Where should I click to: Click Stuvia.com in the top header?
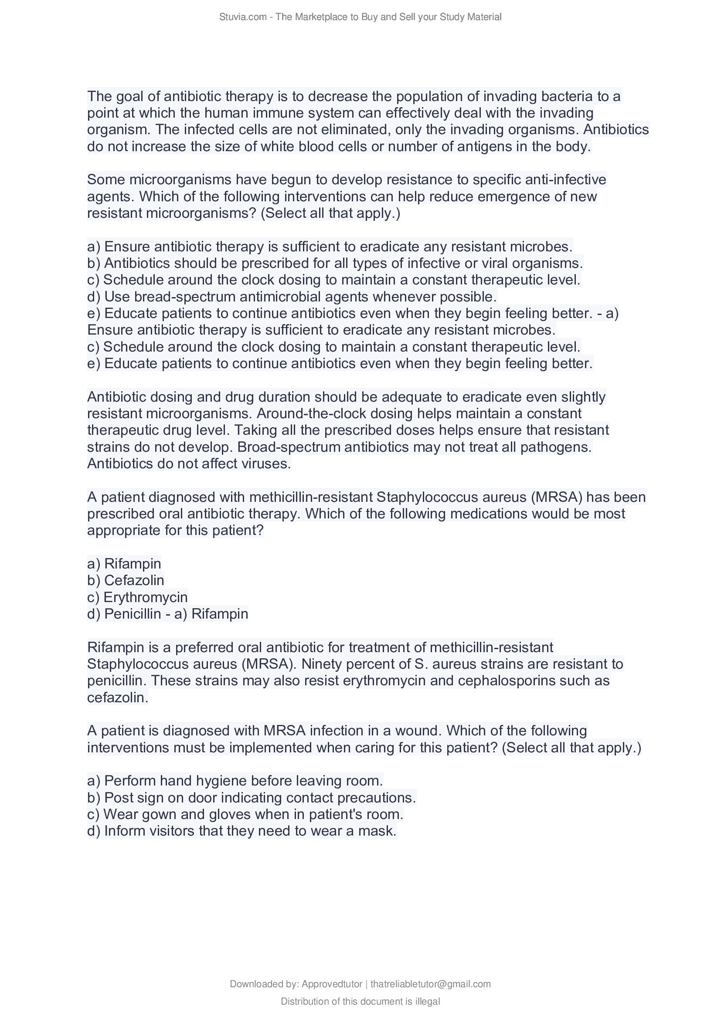[x=242, y=17]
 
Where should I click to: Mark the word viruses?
[x=266, y=464]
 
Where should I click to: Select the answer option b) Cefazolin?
[x=126, y=580]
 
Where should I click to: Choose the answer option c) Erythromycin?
[x=138, y=597]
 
